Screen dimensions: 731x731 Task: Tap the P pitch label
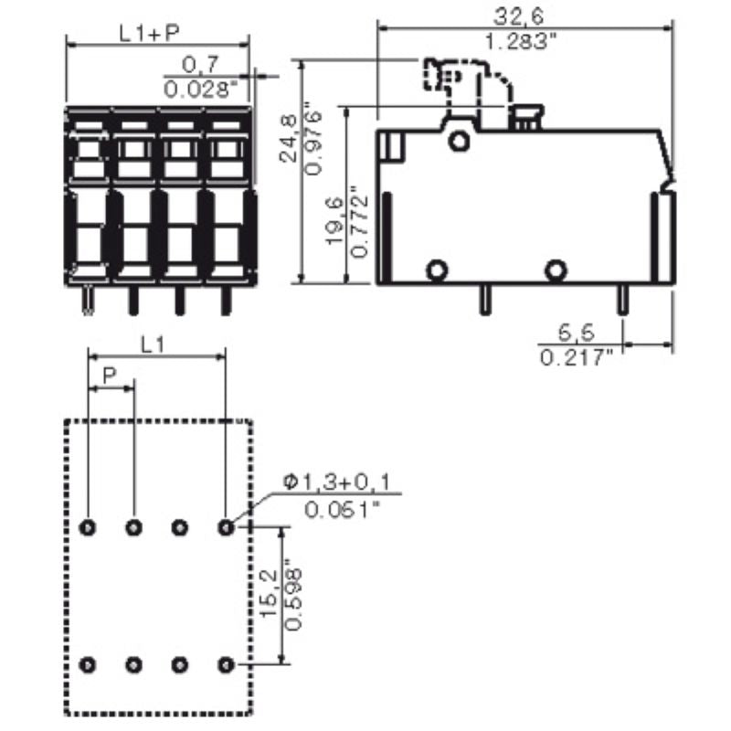[x=110, y=375]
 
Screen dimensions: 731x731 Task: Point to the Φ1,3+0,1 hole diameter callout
[x=341, y=483]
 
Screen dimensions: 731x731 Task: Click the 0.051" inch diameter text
[x=343, y=509]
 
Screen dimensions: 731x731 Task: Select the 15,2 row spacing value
[x=270, y=594]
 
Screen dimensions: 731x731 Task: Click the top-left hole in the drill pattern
[x=89, y=526]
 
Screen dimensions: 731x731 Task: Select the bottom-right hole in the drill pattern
[x=226, y=664]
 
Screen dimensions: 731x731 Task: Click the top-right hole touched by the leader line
[x=226, y=526]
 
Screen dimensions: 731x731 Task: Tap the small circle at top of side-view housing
[x=459, y=140]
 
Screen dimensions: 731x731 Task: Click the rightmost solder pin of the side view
[x=622, y=298]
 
